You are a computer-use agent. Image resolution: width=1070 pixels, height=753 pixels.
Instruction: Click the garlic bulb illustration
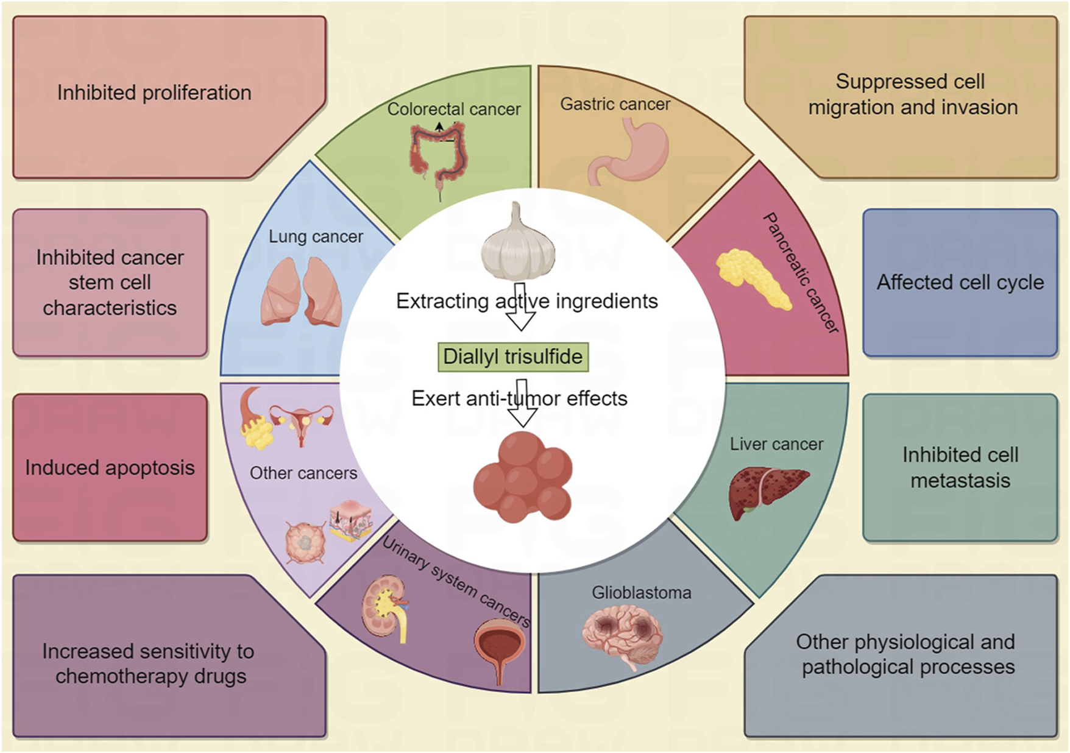(x=518, y=244)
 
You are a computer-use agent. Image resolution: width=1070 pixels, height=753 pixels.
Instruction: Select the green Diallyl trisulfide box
(x=513, y=357)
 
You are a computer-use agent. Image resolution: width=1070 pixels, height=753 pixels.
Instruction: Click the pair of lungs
(x=302, y=292)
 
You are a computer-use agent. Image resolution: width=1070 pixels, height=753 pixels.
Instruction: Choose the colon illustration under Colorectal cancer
(x=439, y=155)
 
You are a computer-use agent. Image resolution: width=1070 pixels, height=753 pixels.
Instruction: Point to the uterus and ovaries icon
(x=302, y=420)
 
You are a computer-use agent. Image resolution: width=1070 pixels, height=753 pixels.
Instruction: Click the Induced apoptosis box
(x=110, y=467)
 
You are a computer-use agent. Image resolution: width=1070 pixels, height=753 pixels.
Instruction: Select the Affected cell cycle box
(x=960, y=283)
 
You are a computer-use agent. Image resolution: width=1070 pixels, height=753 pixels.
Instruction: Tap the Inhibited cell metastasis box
(x=960, y=467)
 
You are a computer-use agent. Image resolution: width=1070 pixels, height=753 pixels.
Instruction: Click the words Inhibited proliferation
(x=154, y=93)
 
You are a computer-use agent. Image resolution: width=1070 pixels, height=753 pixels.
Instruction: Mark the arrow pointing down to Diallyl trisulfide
(x=520, y=308)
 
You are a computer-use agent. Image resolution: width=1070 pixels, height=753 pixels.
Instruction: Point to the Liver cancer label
(x=776, y=444)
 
